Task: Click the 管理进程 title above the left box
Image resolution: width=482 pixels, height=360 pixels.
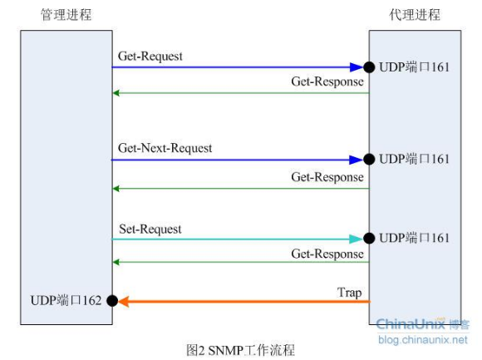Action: pos(66,15)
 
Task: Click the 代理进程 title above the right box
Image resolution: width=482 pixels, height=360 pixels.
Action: pos(415,15)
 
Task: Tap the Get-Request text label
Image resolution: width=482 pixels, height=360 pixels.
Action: pos(150,57)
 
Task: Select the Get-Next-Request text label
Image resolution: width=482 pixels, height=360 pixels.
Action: pos(165,148)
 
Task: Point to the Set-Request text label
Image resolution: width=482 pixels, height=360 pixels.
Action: pos(150,228)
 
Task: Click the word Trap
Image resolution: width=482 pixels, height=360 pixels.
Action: pos(350,292)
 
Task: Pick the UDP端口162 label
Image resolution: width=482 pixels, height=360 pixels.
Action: pos(65,301)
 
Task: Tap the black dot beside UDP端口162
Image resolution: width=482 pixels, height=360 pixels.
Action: pos(112,301)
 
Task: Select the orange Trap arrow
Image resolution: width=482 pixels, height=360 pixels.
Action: pos(241,302)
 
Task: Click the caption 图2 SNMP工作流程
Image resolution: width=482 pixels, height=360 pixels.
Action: pos(240,350)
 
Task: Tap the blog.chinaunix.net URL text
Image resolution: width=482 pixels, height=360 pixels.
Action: pos(422,338)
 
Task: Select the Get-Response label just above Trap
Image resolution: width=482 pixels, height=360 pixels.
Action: pos(327,254)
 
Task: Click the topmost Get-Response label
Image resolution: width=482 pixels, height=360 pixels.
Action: pos(327,82)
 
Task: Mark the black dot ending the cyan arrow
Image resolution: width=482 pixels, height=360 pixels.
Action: pos(368,239)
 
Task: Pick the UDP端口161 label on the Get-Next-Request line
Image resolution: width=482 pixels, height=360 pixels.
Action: pos(414,158)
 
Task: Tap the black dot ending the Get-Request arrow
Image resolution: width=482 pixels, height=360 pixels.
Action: pos(368,67)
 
